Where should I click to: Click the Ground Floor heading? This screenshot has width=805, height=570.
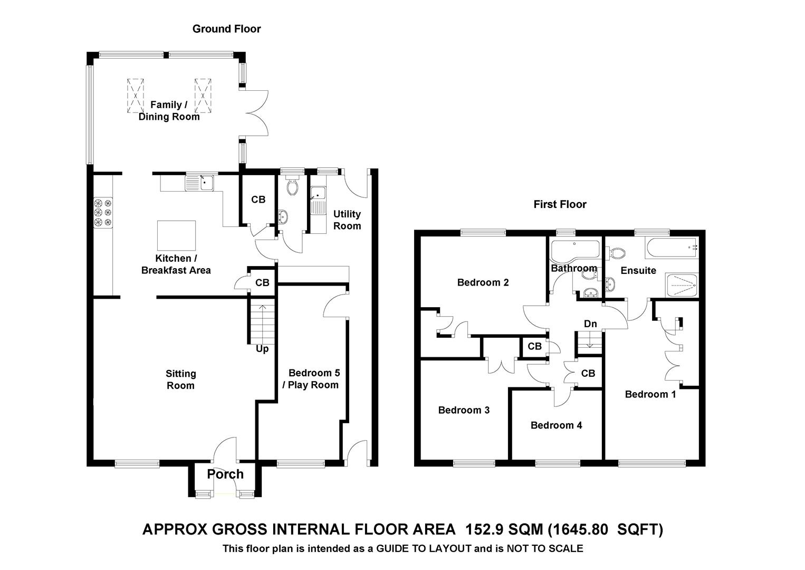226,29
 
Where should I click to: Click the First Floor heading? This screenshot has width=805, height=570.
560,204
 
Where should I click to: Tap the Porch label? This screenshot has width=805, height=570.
225,474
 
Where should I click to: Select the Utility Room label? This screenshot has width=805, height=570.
347,220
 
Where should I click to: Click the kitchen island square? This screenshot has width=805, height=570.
176,235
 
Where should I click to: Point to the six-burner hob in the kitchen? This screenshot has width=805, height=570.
103,213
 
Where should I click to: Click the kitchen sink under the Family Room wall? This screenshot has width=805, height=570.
199,183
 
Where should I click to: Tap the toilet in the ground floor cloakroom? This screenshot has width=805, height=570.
292,185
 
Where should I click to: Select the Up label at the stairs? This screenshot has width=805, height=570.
262,349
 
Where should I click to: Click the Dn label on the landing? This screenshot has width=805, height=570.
590,324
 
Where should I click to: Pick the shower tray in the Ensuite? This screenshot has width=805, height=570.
682,286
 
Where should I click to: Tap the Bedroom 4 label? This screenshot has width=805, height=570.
556,425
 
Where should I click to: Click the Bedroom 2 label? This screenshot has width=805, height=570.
483,282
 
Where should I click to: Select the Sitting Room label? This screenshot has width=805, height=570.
181,379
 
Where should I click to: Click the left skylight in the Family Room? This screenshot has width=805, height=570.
135,96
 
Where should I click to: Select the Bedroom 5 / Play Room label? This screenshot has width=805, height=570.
310,379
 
